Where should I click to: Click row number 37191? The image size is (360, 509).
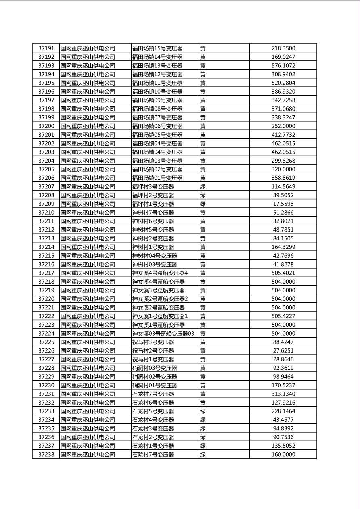pyautogui.click(x=46, y=48)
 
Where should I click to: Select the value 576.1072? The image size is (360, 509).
pyautogui.click(x=283, y=66)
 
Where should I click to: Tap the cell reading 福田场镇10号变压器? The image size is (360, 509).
pyautogui.click(x=157, y=92)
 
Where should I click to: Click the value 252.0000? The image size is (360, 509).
pyautogui.click(x=283, y=126)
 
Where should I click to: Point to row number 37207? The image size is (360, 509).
pyautogui.click(x=46, y=187)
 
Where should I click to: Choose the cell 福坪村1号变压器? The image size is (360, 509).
pyautogui.click(x=153, y=204)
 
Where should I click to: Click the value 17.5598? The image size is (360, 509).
pyautogui.click(x=283, y=204)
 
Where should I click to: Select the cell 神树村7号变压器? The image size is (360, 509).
pyautogui.click(x=153, y=213)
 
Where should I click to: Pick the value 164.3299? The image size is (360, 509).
pyautogui.click(x=283, y=247)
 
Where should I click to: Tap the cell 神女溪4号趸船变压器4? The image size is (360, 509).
pyautogui.click(x=160, y=273)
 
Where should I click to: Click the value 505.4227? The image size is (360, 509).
pyautogui.click(x=283, y=316)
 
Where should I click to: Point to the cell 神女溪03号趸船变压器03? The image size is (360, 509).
pyautogui.click(x=163, y=334)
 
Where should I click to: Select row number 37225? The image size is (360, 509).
pyautogui.click(x=46, y=342)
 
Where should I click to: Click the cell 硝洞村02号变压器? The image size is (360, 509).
pyautogui.click(x=155, y=377)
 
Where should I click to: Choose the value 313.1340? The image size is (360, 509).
pyautogui.click(x=283, y=394)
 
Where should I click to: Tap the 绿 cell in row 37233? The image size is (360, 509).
pyautogui.click(x=203, y=411)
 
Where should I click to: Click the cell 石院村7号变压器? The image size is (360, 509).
pyautogui.click(x=153, y=455)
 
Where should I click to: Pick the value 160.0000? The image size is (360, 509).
pyautogui.click(x=283, y=455)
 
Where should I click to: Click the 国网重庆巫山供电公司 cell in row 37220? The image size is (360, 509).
pyautogui.click(x=88, y=299)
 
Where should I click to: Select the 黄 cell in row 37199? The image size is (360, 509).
pyautogui.click(x=203, y=117)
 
